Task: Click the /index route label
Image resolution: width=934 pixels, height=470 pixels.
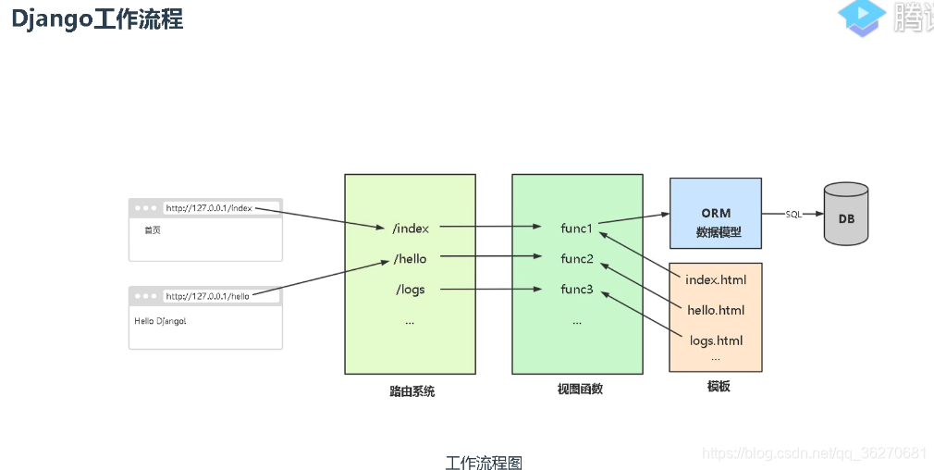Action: click(x=411, y=228)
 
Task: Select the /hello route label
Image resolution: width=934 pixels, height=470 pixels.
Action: click(x=410, y=258)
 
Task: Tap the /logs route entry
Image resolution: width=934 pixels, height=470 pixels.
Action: click(x=410, y=290)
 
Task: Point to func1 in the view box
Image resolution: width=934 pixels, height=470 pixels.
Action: click(x=576, y=228)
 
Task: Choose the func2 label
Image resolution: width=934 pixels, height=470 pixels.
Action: click(x=577, y=258)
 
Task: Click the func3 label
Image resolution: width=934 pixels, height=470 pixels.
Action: click(x=577, y=290)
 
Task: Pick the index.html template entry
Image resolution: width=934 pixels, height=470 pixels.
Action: click(x=716, y=279)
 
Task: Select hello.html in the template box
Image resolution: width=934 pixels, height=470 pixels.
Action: click(x=716, y=310)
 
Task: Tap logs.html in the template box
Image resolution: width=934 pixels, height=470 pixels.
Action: click(x=716, y=340)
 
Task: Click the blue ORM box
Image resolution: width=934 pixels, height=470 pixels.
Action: click(x=716, y=214)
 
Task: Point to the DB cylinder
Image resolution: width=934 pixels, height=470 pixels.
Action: click(x=846, y=215)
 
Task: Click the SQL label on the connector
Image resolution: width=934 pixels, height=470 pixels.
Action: click(x=793, y=215)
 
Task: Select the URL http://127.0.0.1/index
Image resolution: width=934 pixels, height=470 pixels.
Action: click(x=208, y=208)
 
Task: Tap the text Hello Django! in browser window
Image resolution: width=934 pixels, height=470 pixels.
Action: click(x=161, y=321)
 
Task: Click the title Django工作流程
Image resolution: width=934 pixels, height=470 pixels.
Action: click(x=97, y=19)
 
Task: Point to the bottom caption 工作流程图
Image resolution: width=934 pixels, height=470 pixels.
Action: click(x=484, y=462)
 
